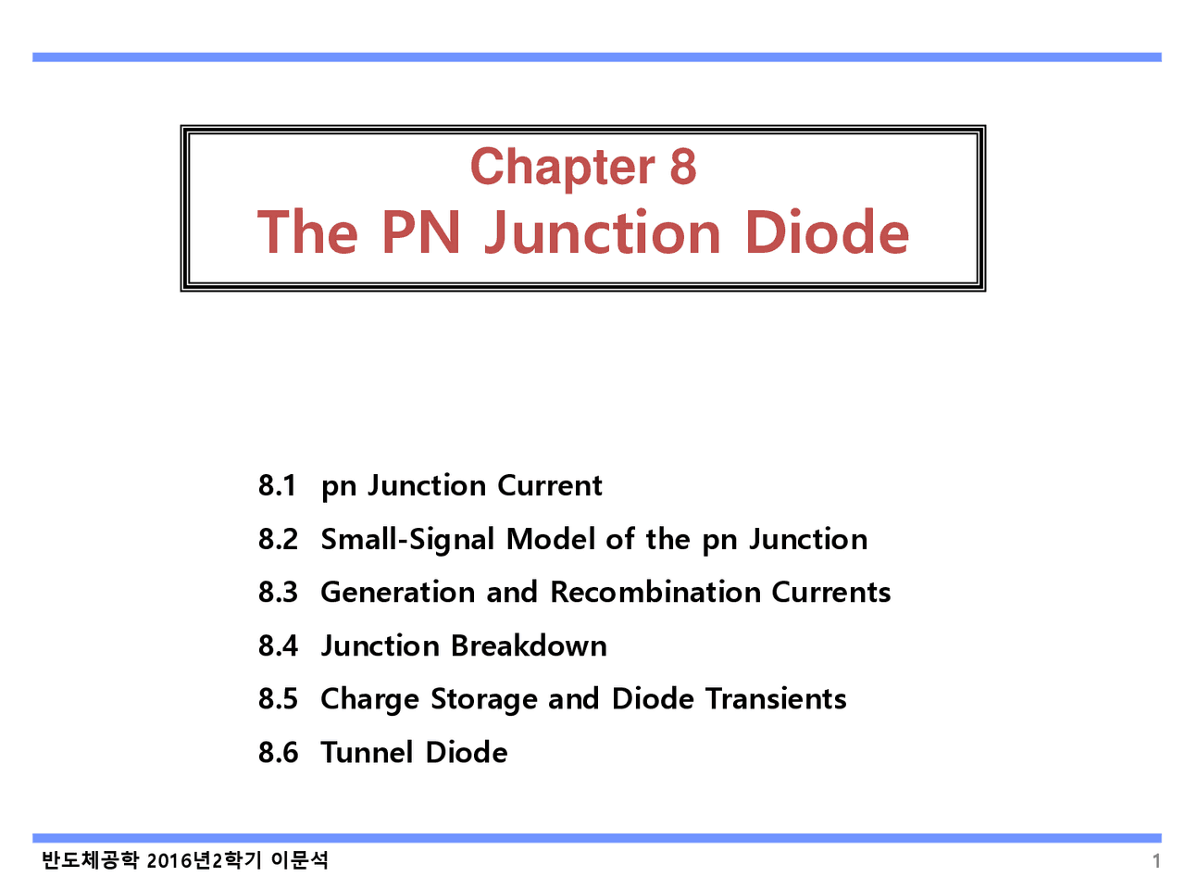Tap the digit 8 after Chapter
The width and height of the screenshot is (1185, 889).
682,167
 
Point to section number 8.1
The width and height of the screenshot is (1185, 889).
278,485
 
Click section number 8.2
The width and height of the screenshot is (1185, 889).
278,539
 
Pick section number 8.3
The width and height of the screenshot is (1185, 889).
278,592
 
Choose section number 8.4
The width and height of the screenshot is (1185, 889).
278,645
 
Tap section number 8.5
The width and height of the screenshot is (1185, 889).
278,698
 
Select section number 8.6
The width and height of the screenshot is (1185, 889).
278,752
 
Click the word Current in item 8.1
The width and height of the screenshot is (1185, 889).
550,485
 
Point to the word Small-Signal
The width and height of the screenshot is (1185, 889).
407,539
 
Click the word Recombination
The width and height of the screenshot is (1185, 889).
655,592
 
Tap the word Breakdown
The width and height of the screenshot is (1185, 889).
529,645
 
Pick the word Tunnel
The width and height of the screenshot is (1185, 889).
367,752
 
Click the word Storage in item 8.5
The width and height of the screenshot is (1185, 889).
484,699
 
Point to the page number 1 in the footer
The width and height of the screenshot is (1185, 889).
1156,861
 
